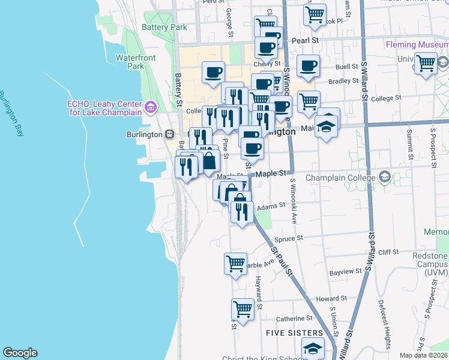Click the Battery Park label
click(164, 27)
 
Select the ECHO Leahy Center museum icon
click(150, 108)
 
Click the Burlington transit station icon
click(170, 134)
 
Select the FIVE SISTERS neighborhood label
click(294, 332)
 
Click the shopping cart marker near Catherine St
click(243, 310)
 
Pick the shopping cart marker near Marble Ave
click(235, 263)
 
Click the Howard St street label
click(331, 298)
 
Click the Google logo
click(20, 353)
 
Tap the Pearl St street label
click(304, 40)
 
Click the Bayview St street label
click(346, 271)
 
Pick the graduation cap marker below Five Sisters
click(313, 349)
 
